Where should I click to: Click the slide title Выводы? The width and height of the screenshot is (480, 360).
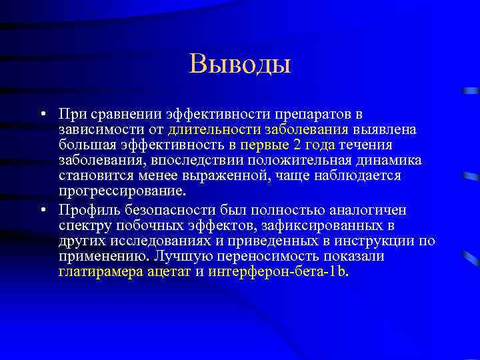pyautogui.click(x=240, y=64)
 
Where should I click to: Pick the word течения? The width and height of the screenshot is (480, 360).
pyautogui.click(x=365, y=145)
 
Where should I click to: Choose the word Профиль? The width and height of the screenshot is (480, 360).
pyautogui.click(x=85, y=211)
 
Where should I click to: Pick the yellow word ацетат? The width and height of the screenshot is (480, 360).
pyautogui.click(x=169, y=272)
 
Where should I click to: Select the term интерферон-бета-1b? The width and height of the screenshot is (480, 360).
pyautogui.click(x=278, y=272)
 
